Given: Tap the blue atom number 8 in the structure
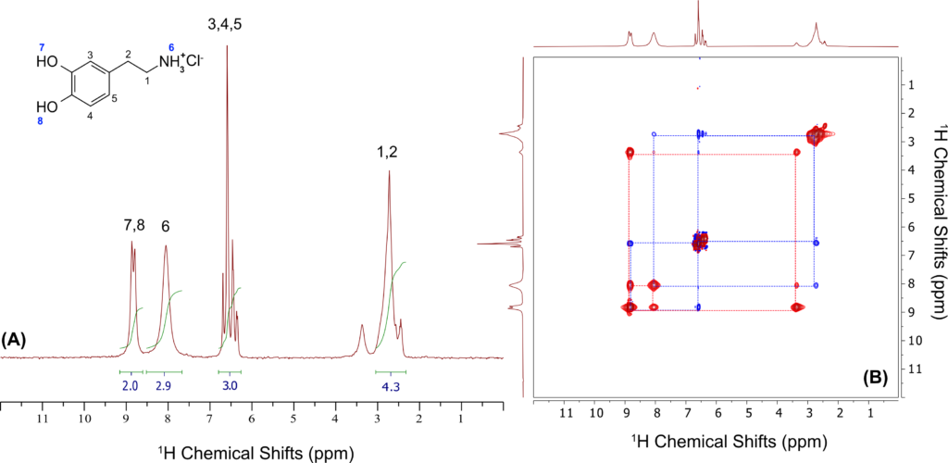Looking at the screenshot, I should [40, 121].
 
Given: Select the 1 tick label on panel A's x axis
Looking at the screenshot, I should [461, 419].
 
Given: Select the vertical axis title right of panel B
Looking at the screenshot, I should [935, 228].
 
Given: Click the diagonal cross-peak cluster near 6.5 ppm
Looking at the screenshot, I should [700, 242].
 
